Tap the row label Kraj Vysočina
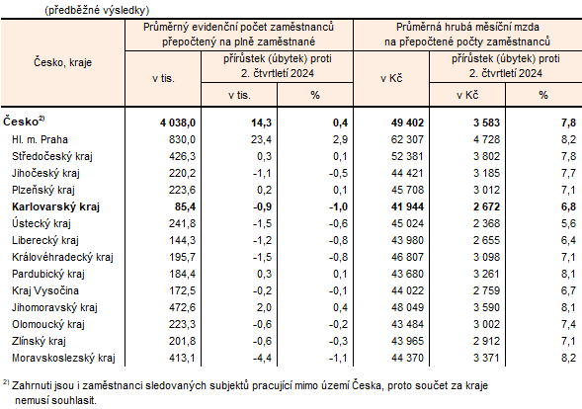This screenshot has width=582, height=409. tap(44, 290)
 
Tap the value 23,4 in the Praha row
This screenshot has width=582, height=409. tap(258, 139)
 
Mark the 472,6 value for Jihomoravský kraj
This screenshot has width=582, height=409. tap(183, 307)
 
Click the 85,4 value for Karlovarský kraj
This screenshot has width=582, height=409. tap(185, 206)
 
